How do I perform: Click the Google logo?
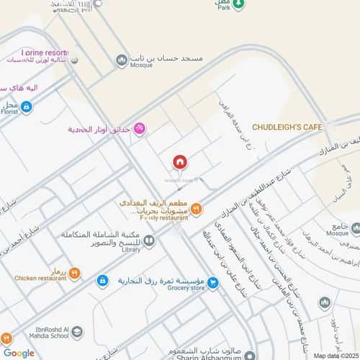coord(18,352)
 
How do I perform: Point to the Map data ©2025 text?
coord(335,354)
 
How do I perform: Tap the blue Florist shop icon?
coord(27,107)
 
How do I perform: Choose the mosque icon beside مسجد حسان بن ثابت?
coord(122,60)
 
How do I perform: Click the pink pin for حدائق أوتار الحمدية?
coord(139,129)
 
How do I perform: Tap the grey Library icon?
coord(149,241)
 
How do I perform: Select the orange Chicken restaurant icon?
coord(74,274)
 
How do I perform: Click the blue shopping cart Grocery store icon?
coord(213,283)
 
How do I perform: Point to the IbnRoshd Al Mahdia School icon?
coord(77,332)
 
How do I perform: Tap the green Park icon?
coord(240,4)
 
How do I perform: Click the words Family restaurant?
coord(158,217)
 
